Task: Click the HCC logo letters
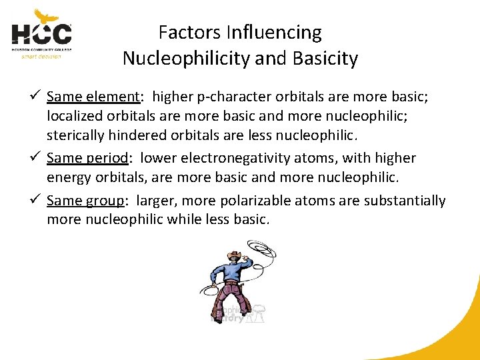tap(41, 34)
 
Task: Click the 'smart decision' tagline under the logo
tap(41, 57)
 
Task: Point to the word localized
tap(75, 116)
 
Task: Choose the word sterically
tap(75, 137)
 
